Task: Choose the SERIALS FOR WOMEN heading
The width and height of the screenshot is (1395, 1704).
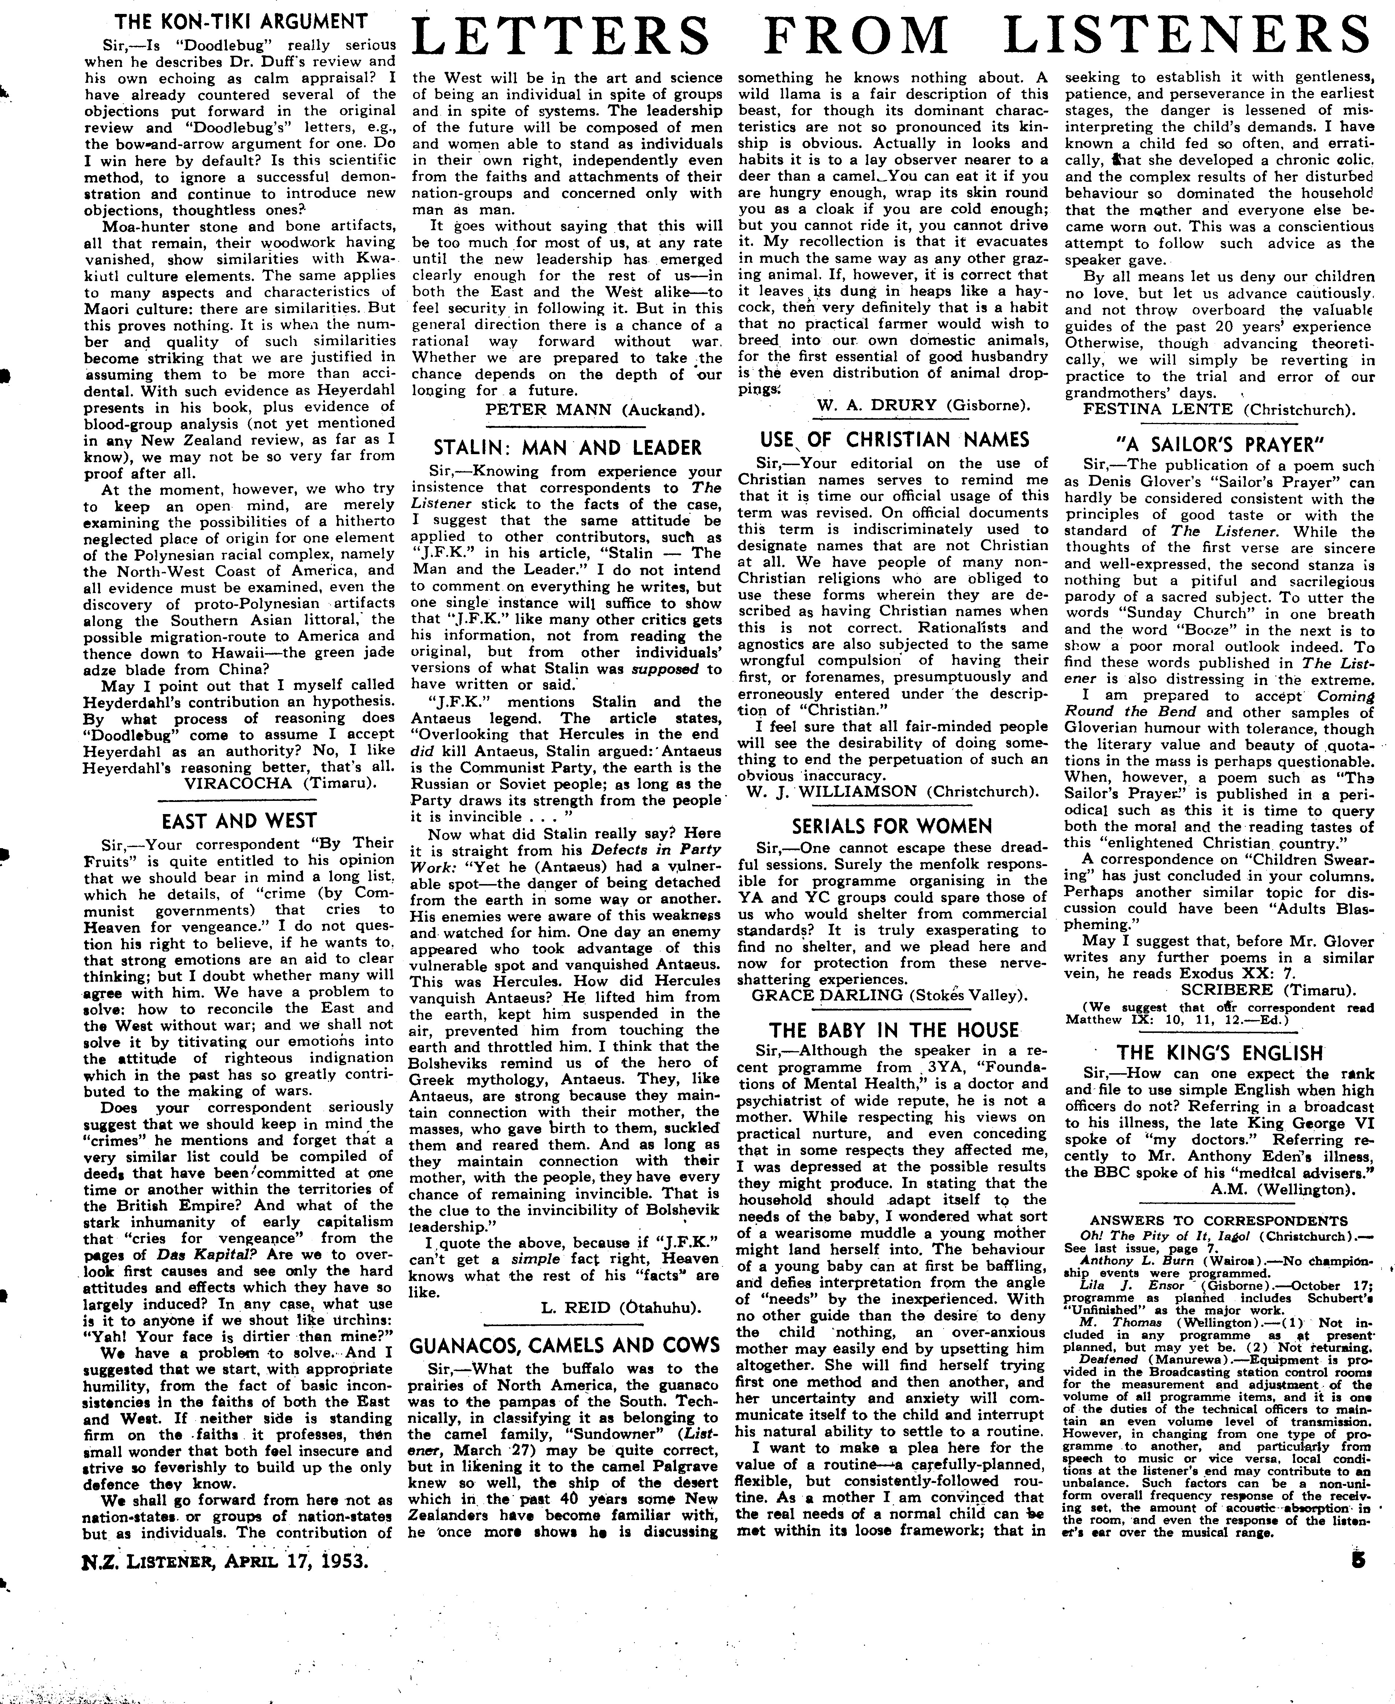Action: (x=892, y=826)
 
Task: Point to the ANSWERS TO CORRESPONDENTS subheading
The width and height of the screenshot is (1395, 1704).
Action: (x=1219, y=1220)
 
